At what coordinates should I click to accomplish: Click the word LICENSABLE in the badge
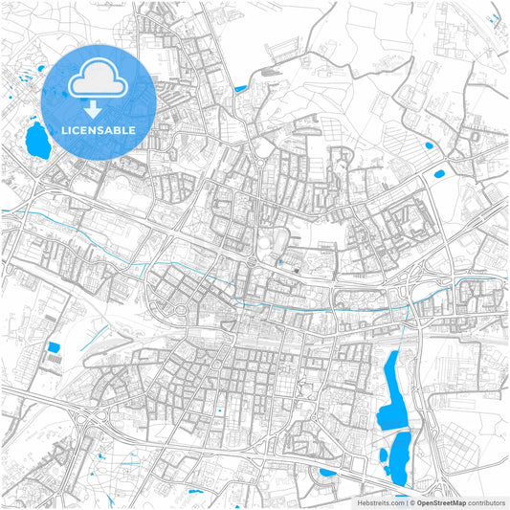pos(99,129)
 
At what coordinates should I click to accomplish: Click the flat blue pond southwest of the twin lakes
pos(327,472)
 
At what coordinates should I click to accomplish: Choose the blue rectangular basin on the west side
pos(54,346)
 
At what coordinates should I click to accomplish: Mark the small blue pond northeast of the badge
pos(239,90)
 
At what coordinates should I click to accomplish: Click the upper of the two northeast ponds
pos(428,145)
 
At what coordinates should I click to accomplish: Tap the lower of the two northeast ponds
pos(439,174)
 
